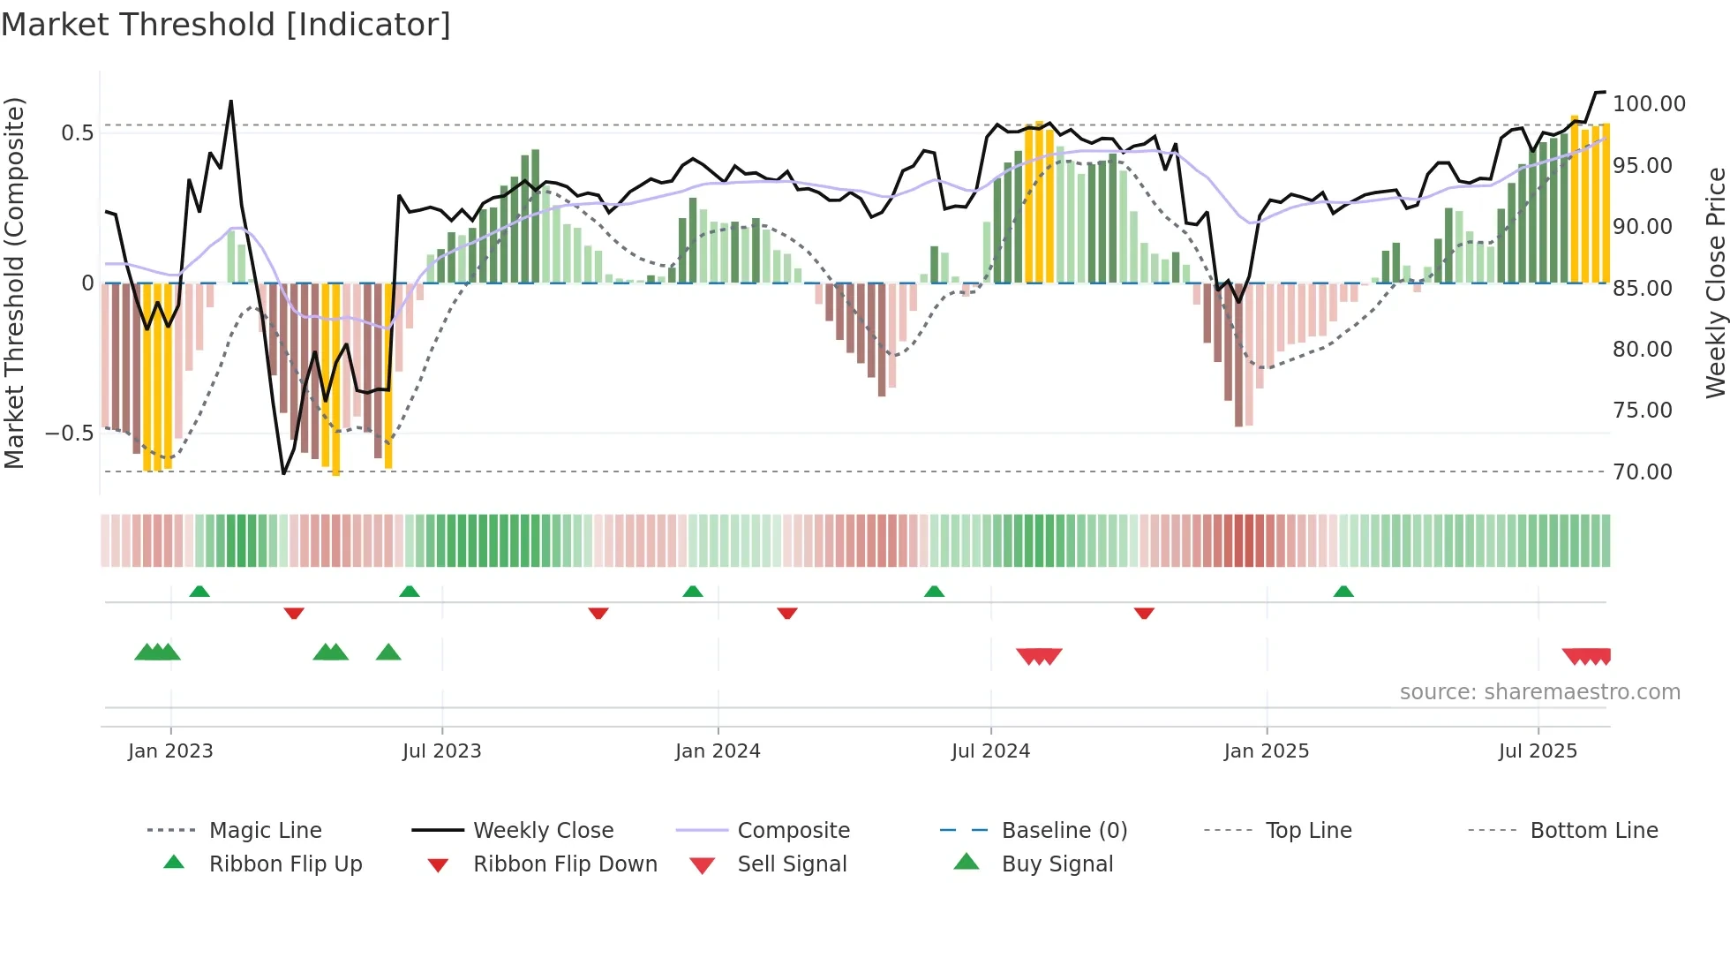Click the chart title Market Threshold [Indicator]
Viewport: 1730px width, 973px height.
(x=226, y=25)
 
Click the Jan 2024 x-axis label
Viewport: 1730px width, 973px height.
(x=718, y=750)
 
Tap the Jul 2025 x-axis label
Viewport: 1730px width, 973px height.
(x=1538, y=750)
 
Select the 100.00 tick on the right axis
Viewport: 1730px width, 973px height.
(x=1649, y=104)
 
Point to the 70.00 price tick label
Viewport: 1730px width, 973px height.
(x=1643, y=471)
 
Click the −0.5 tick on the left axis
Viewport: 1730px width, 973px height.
(x=69, y=433)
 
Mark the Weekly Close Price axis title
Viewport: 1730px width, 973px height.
(x=1715, y=283)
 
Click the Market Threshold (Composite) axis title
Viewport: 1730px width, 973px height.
(x=14, y=283)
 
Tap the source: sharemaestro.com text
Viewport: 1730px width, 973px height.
(x=1539, y=692)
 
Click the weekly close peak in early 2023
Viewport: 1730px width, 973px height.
(x=231, y=102)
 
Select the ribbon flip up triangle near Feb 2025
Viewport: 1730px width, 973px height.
(x=1343, y=592)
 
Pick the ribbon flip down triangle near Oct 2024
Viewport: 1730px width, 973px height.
(x=1144, y=613)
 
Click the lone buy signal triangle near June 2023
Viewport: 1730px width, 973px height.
(x=388, y=652)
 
